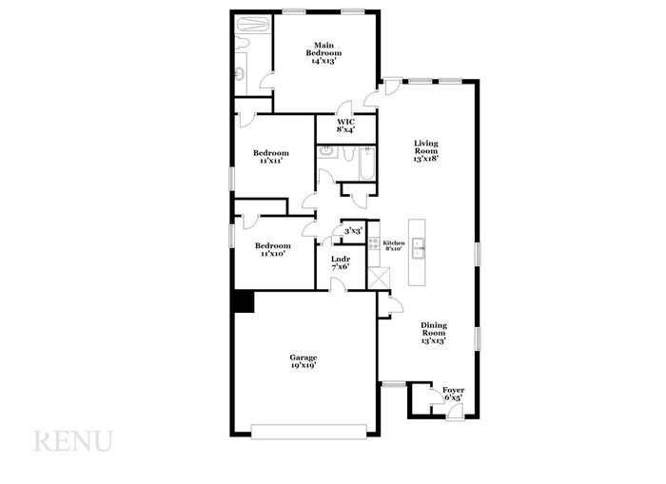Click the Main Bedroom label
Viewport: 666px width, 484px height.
click(x=324, y=52)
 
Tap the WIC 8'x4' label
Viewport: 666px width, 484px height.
click(x=346, y=126)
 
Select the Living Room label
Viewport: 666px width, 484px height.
click(x=425, y=151)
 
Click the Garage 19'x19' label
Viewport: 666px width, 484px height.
click(x=304, y=360)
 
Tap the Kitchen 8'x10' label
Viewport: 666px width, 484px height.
click(x=394, y=245)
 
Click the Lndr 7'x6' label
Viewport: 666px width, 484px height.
click(x=340, y=262)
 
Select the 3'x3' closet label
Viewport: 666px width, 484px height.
click(x=352, y=230)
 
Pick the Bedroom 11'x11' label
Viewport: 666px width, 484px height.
click(x=270, y=157)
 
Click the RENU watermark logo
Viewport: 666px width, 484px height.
click(x=73, y=441)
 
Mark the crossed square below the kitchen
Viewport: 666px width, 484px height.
click(x=379, y=278)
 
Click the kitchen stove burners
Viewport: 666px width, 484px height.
click(x=374, y=244)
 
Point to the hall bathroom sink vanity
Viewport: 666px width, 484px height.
click(x=325, y=151)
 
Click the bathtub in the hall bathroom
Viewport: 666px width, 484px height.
click(x=366, y=163)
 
